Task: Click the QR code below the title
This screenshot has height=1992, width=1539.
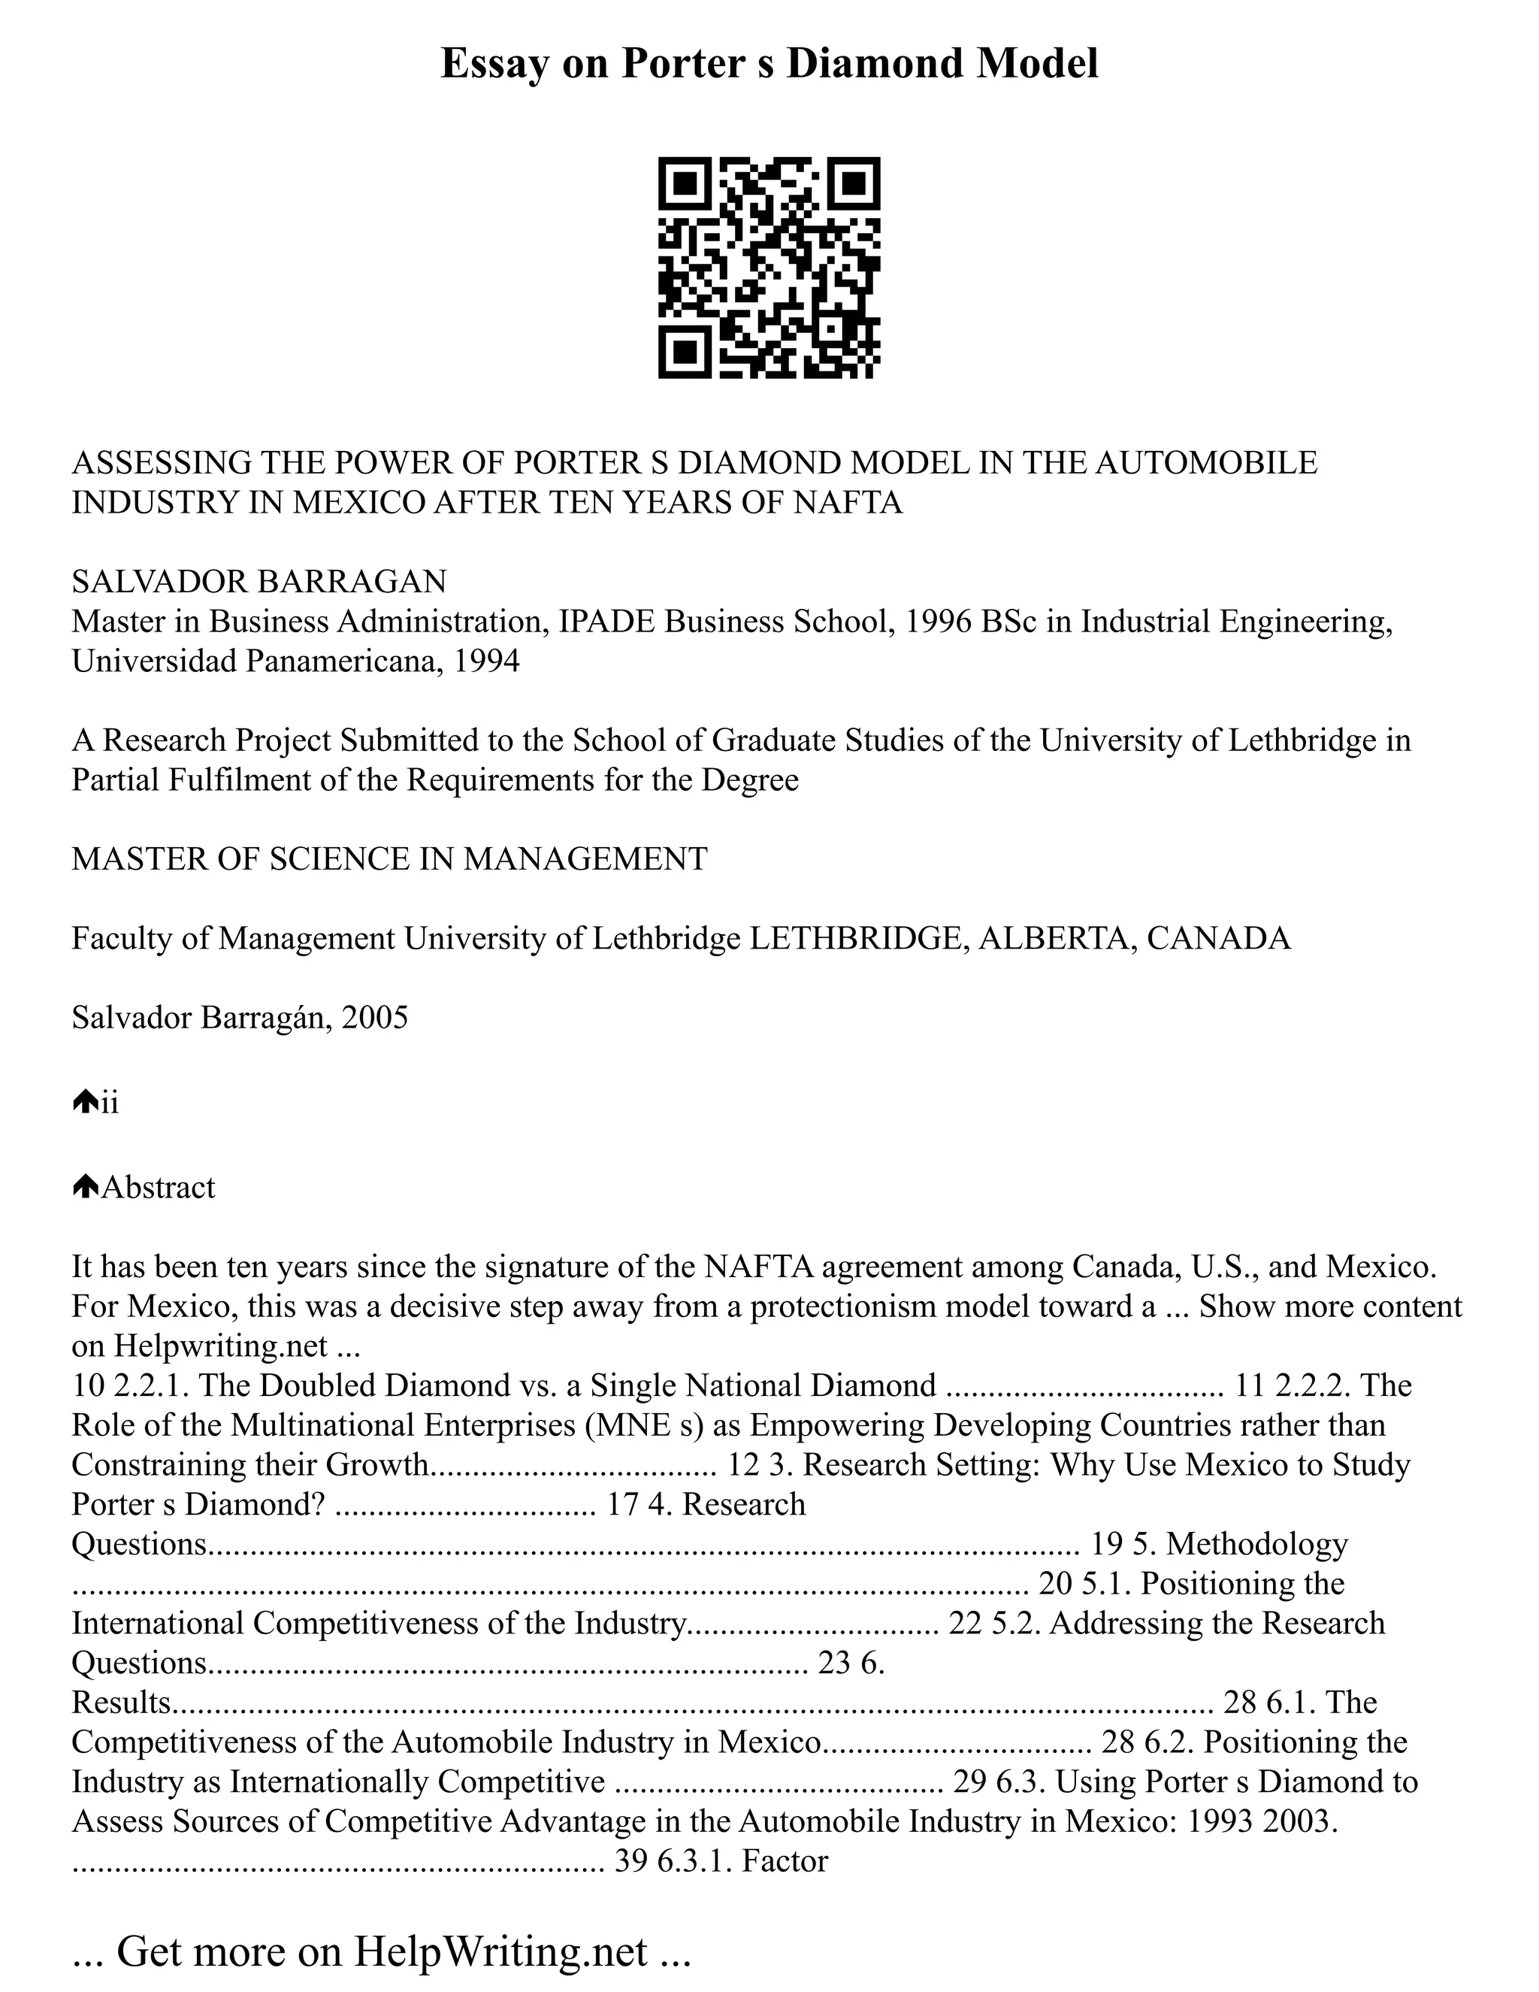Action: pos(769,268)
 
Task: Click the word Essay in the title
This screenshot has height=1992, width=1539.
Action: pos(493,64)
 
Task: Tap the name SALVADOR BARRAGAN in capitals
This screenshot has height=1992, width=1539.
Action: pos(259,581)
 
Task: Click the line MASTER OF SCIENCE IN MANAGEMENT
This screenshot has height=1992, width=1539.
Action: pos(389,859)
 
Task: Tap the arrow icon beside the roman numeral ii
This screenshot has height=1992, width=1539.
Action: pos(85,1103)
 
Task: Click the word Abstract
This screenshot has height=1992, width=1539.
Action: pos(159,1188)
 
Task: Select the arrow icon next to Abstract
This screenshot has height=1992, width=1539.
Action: pos(85,1187)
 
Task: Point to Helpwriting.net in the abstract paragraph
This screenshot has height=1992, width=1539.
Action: pos(219,1346)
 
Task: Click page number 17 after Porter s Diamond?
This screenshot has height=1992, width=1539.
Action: pos(623,1504)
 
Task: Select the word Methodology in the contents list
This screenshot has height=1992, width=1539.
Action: pos(1256,1543)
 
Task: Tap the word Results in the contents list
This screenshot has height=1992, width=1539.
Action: pos(121,1702)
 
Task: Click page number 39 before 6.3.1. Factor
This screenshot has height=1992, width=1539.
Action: pos(631,1860)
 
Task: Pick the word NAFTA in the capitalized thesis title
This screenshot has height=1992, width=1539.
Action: pos(847,503)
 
